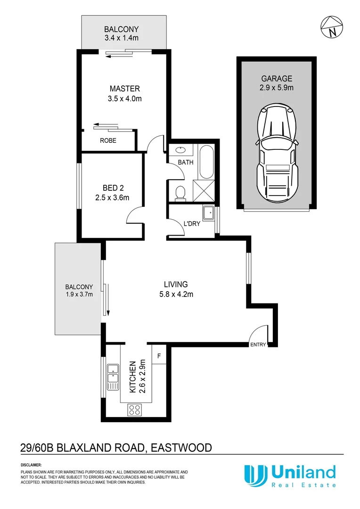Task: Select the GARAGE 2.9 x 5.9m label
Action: point(277,83)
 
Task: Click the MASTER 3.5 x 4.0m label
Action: point(124,93)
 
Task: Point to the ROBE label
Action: point(107,140)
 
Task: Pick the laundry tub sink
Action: point(208,215)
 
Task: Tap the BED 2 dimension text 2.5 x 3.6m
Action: point(112,198)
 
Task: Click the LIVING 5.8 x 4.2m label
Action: point(176,289)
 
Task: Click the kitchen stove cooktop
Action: point(135,410)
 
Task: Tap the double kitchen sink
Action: point(112,377)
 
